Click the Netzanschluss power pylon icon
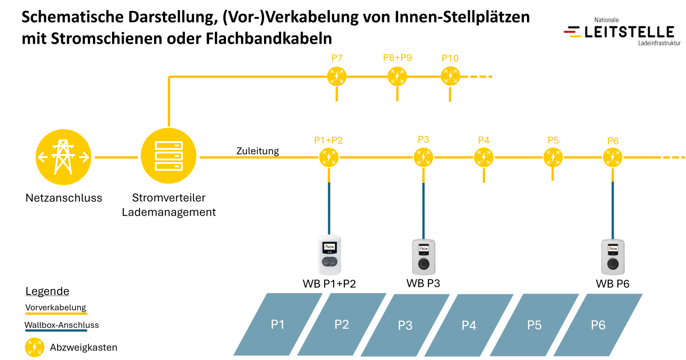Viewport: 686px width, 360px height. pyautogui.click(x=63, y=157)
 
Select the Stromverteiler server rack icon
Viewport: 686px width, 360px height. pyautogui.click(x=168, y=155)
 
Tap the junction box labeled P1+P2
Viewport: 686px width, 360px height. pyautogui.click(x=329, y=158)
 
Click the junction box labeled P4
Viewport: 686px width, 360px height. pyautogui.click(x=484, y=158)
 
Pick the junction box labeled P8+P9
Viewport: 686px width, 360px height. pyautogui.click(x=397, y=76)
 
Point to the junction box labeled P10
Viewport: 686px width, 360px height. pyautogui.click(x=450, y=76)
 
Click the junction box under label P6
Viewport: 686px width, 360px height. pyautogui.click(x=612, y=158)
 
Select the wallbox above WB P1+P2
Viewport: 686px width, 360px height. pyautogui.click(x=330, y=255)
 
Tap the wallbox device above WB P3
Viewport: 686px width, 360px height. pyautogui.click(x=423, y=257)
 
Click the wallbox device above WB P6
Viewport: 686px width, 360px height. pyautogui.click(x=613, y=257)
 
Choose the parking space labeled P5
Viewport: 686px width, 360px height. pyautogui.click(x=535, y=325)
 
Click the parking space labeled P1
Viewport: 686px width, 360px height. pyautogui.click(x=278, y=324)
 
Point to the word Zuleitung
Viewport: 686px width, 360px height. pyautogui.click(x=258, y=151)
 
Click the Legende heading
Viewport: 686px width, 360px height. pyautogui.click(x=47, y=291)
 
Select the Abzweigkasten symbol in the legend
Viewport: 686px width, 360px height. pyautogui.click(x=34, y=347)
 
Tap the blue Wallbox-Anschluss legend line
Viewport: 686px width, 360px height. pyautogui.click(x=56, y=331)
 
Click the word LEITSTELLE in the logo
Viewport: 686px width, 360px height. pyautogui.click(x=629, y=32)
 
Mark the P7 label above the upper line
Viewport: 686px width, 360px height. pyautogui.click(x=337, y=58)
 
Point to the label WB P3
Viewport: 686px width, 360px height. pyautogui.click(x=423, y=284)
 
